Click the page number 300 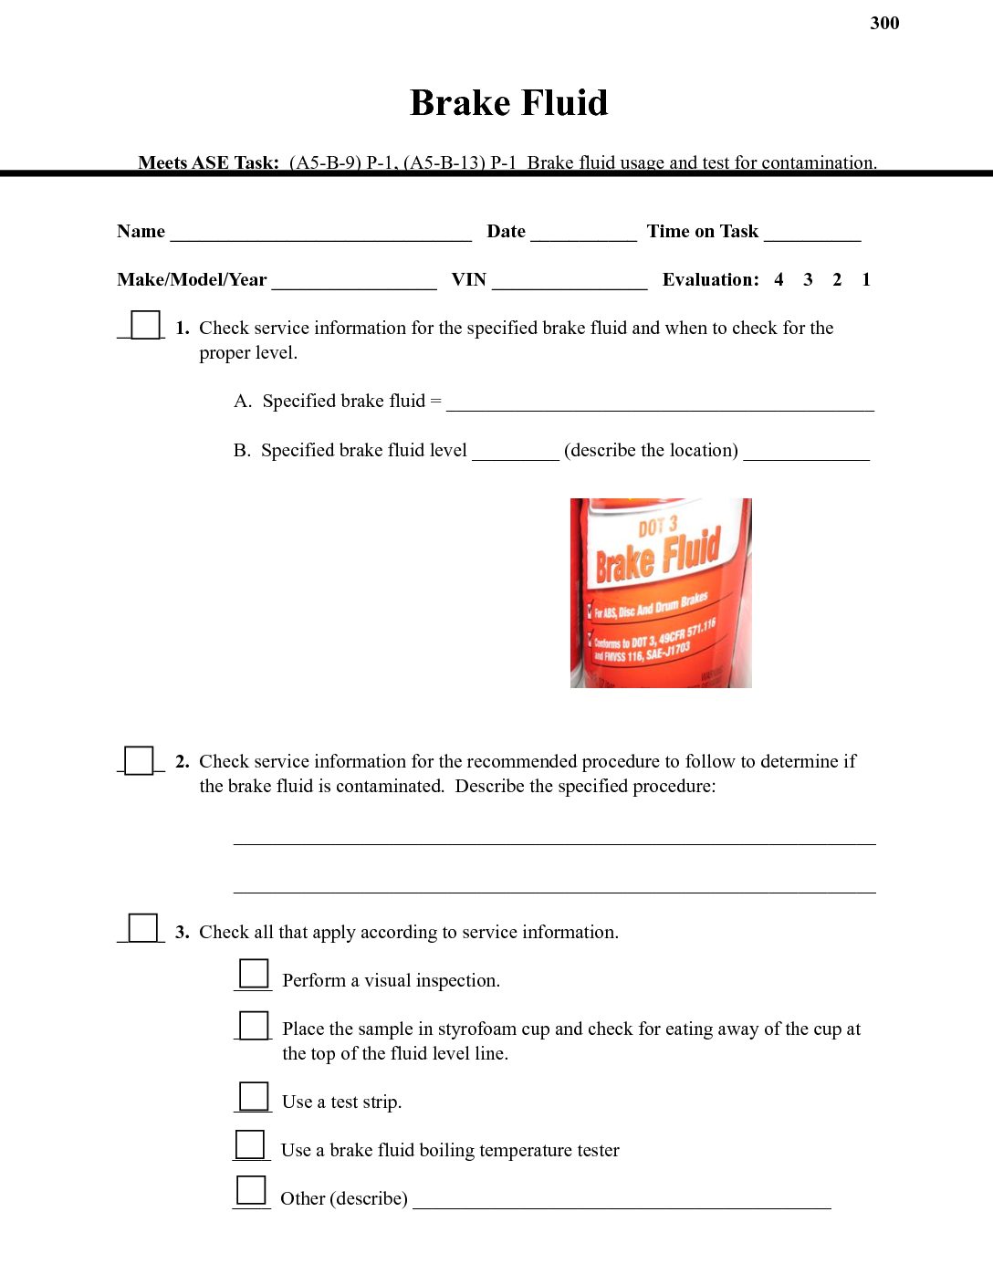click(x=884, y=23)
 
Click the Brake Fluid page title click(x=508, y=102)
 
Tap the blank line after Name click(x=320, y=234)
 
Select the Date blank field click(x=583, y=234)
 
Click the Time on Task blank click(x=812, y=234)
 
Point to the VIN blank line click(x=570, y=282)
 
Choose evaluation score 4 click(x=779, y=280)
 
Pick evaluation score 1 click(x=866, y=280)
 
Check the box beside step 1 click(x=145, y=325)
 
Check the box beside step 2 click(x=139, y=760)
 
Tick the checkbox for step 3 click(x=142, y=928)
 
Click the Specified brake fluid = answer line click(x=659, y=404)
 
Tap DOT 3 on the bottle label click(x=657, y=527)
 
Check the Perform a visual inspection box click(x=254, y=974)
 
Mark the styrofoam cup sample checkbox click(x=254, y=1026)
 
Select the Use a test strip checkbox click(x=254, y=1096)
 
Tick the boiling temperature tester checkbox click(x=250, y=1144)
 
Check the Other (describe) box click(x=251, y=1191)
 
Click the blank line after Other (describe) click(x=622, y=1201)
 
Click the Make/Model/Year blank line click(x=354, y=282)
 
